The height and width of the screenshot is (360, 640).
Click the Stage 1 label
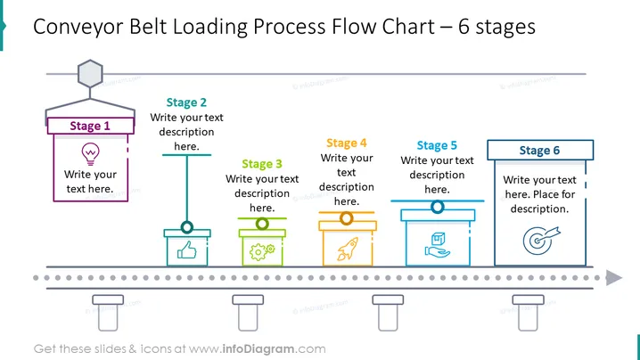(90, 126)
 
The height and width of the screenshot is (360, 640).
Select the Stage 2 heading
(186, 102)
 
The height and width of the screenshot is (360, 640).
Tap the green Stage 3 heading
(262, 164)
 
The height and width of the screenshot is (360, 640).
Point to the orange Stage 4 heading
(347, 143)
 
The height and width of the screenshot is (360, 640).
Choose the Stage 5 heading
(437, 146)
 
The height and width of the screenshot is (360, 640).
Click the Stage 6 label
(539, 151)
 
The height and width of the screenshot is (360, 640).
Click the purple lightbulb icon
(90, 154)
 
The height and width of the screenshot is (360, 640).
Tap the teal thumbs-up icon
(187, 250)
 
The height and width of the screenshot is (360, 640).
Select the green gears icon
(262, 251)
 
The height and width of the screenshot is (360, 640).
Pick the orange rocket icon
(348, 249)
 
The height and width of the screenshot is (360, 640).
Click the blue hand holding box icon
(437, 244)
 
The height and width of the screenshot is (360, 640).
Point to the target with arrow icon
(541, 240)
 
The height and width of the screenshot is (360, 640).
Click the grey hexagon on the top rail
(90, 74)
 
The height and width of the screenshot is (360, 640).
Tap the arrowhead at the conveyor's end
(614, 278)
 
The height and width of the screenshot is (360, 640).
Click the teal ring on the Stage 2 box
(187, 227)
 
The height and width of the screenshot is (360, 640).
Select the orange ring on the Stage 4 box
(347, 218)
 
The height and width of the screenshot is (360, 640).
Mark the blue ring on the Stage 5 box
(437, 207)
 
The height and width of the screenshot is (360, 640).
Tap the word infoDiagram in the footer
(258, 349)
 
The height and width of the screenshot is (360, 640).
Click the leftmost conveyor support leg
(108, 313)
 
